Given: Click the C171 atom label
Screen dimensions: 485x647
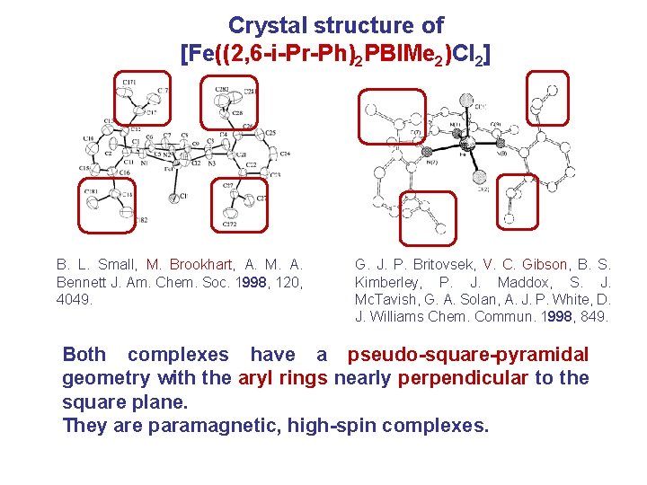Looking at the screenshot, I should click(x=129, y=83).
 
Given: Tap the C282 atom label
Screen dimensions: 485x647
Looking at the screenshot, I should click(x=220, y=89).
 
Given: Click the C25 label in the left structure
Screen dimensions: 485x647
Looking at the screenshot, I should click(x=269, y=133).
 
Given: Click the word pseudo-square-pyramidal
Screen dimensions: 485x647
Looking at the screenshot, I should click(x=468, y=355).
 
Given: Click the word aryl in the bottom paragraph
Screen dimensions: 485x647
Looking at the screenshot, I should click(x=256, y=378).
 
